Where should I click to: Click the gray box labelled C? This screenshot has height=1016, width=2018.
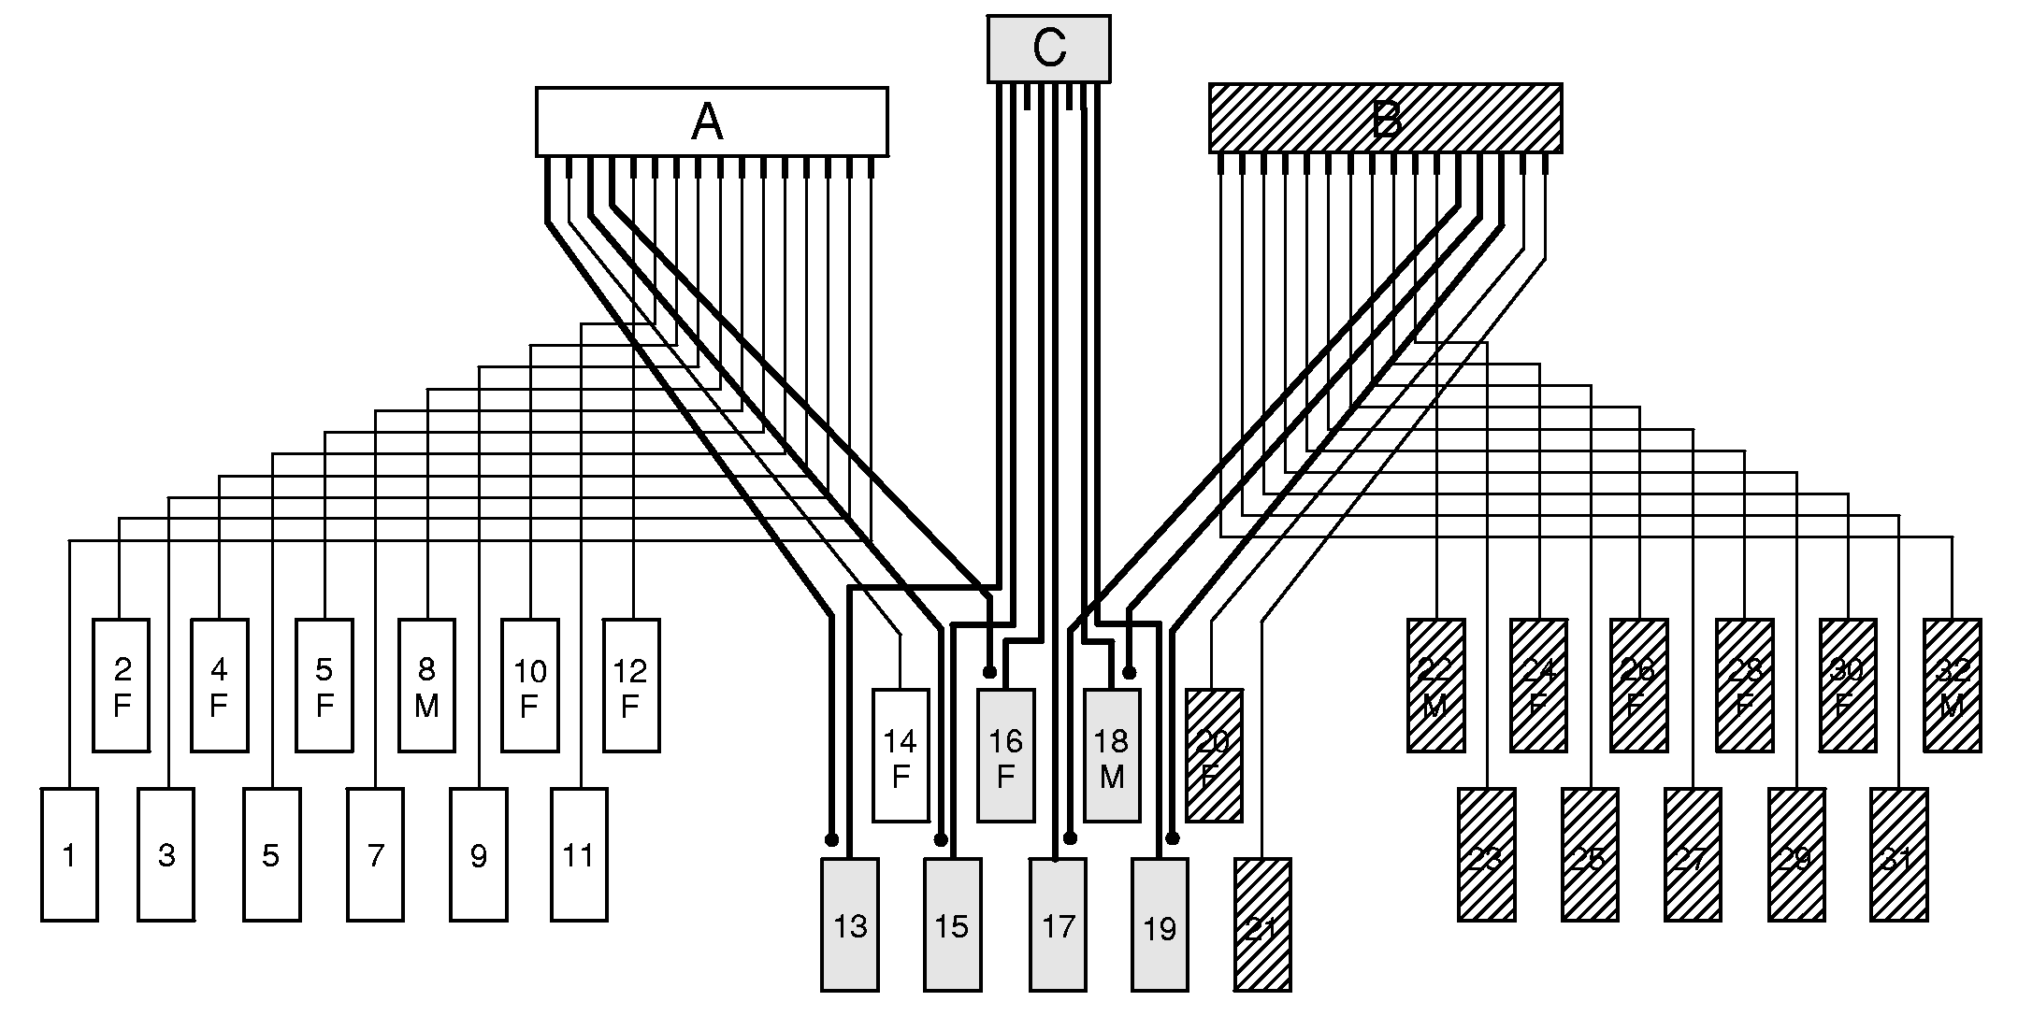pos(1048,49)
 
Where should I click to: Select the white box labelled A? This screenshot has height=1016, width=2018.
pos(711,122)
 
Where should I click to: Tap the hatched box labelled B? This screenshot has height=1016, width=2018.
pos(1385,119)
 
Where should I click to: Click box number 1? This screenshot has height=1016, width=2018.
pos(69,854)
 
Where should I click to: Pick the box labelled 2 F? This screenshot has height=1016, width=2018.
pos(122,685)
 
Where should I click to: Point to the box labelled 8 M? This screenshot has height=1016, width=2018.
pos(426,685)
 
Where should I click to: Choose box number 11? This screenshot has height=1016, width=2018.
pos(579,854)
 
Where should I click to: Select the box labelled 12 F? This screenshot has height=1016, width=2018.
pos(631,685)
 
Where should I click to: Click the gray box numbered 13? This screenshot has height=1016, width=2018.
pos(849,924)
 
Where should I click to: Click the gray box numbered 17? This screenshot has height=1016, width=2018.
pos(1058,924)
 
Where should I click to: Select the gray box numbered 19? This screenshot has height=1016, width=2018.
pos(1160,924)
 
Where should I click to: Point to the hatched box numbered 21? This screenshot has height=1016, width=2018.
pos(1262,924)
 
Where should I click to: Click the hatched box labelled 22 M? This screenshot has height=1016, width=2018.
pos(1435,685)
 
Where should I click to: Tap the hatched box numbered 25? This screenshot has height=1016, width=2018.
pos(1590,854)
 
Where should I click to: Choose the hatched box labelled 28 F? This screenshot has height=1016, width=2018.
pos(1744,685)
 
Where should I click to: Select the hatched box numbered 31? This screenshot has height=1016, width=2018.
pos(1898,854)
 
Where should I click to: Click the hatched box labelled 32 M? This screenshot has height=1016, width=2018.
pos(1952,685)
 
